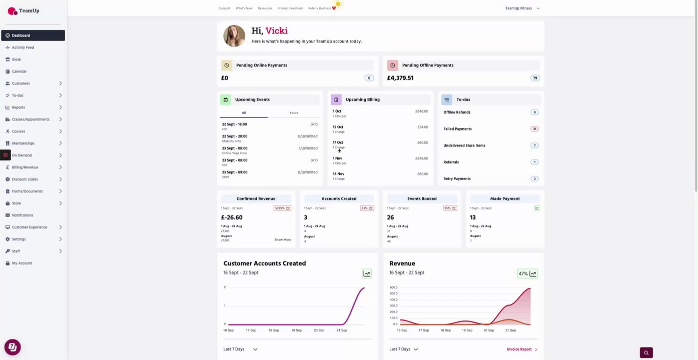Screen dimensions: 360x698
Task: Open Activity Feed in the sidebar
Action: (23, 47)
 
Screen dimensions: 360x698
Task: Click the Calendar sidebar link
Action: (20, 71)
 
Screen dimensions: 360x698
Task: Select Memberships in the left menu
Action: (23, 143)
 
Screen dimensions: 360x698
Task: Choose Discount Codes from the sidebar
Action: (25, 179)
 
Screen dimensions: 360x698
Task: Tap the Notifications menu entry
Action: (23, 215)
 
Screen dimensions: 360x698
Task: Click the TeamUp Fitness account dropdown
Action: (522, 8)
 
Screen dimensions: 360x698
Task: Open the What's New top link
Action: (244, 8)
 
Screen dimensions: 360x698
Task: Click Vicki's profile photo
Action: (234, 36)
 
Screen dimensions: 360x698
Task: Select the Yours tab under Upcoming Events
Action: (294, 113)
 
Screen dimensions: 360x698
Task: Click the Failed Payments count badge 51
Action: (534, 129)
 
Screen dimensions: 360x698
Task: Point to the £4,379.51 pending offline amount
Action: (400, 78)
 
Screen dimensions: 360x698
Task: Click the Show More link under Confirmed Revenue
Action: (283, 240)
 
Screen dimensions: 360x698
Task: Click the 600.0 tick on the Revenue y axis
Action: (393, 287)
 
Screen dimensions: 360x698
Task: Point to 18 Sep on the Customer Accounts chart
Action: (274, 330)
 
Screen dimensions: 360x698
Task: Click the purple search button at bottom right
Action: (646, 353)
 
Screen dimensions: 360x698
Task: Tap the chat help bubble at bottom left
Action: (13, 347)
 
